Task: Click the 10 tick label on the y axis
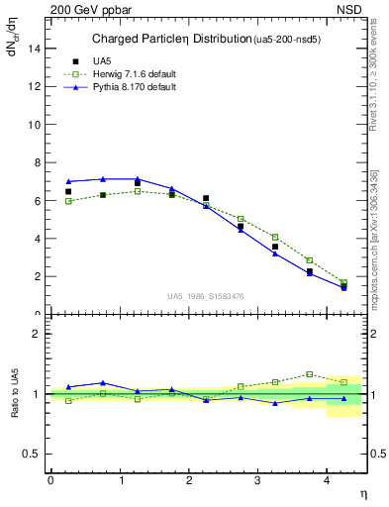pos(36,125)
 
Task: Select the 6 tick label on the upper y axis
pos(38,201)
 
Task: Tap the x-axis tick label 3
pos(258,479)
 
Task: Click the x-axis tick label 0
pos(50,479)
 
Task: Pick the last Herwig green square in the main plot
pos(343,283)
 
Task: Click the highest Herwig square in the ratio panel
pos(309,374)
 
